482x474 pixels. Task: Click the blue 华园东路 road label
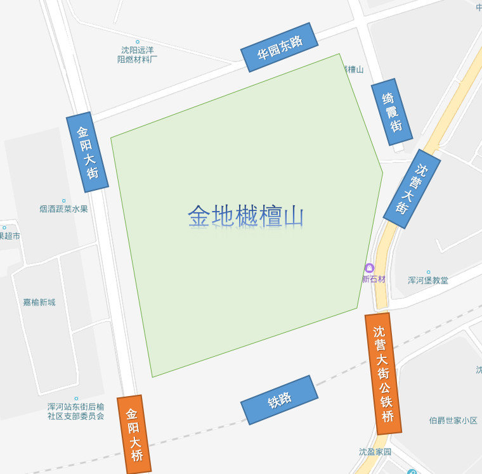tap(280, 48)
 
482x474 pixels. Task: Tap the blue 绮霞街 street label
tap(392, 112)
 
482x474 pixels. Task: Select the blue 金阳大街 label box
tap(88, 152)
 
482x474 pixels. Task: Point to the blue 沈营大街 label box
tap(412, 189)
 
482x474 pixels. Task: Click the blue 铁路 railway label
tap(279, 400)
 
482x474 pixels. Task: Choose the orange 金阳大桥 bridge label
tap(134, 435)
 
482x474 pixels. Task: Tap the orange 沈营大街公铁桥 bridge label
tap(383, 373)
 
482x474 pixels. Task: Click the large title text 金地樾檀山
tap(246, 216)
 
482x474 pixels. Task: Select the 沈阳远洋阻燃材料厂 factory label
tap(138, 54)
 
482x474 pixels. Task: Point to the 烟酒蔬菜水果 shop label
tap(63, 209)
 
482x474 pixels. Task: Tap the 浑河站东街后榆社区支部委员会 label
tap(75, 411)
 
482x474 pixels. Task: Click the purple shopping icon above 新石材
tap(369, 268)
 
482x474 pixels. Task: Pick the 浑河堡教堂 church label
tap(428, 280)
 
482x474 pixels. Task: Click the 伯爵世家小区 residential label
tap(453, 420)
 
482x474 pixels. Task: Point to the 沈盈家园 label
tap(375, 452)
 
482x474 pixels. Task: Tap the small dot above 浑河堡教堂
tap(428, 272)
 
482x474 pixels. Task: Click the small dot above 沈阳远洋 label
tap(137, 42)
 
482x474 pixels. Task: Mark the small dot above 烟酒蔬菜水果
tap(63, 201)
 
